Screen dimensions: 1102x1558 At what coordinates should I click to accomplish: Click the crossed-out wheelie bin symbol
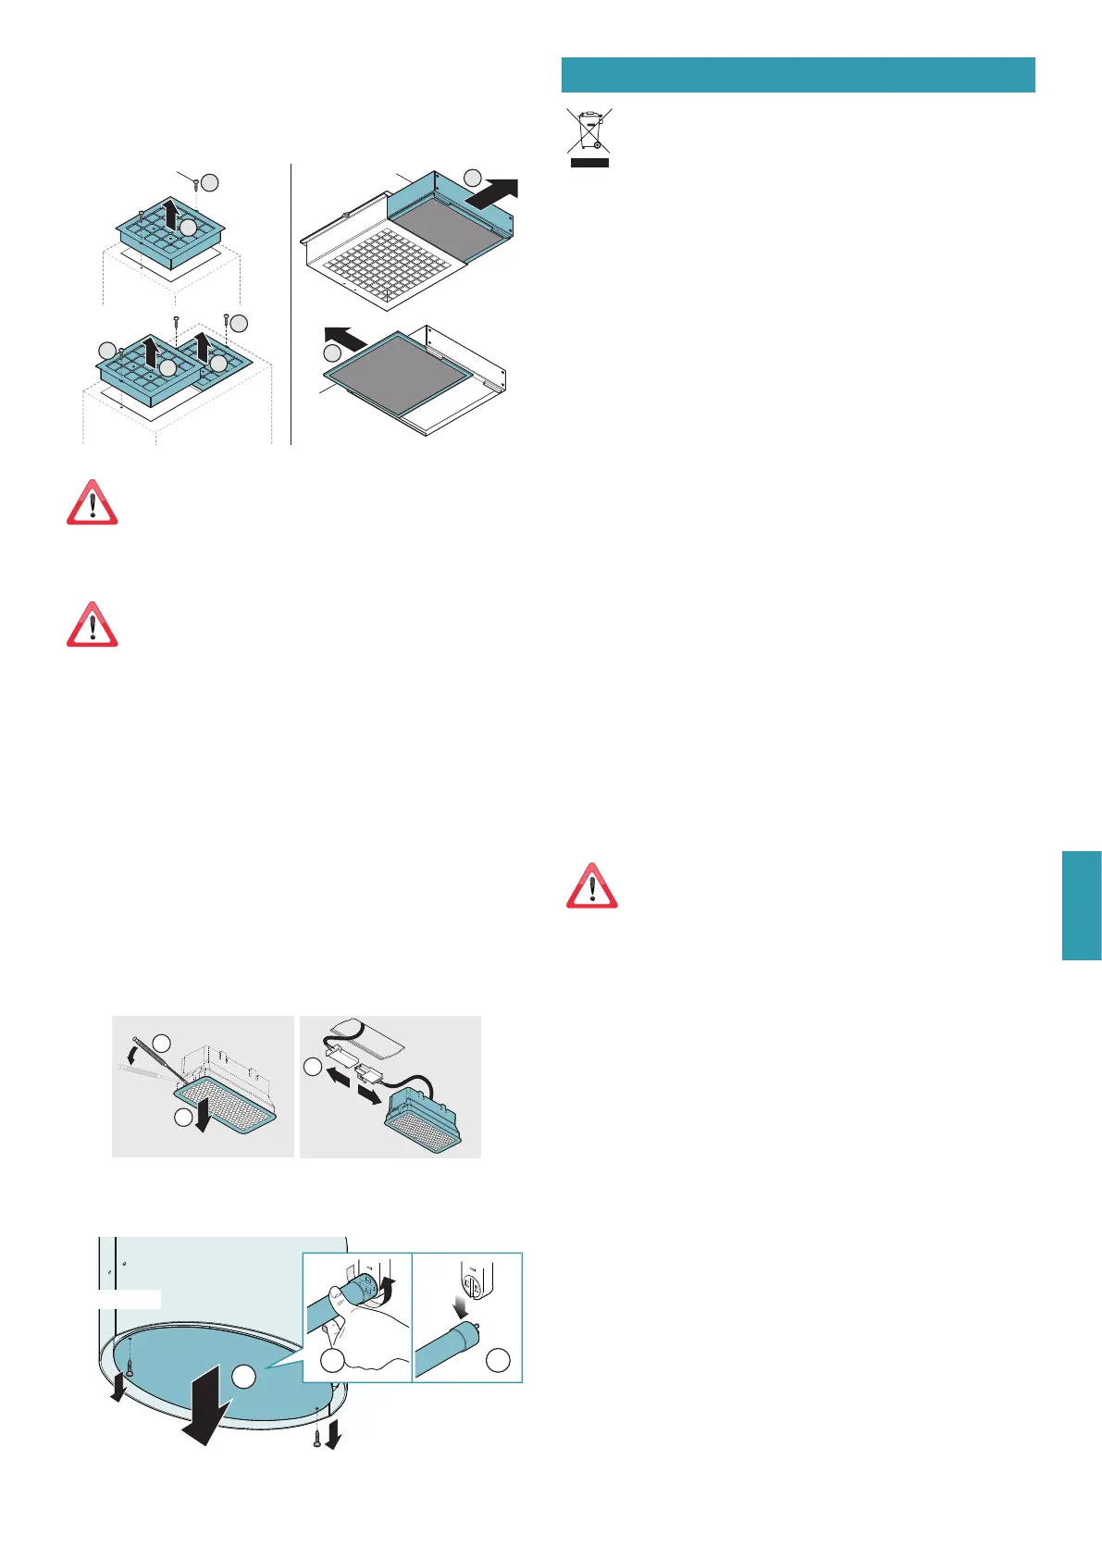click(x=588, y=137)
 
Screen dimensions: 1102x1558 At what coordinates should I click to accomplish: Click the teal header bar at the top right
click(x=798, y=75)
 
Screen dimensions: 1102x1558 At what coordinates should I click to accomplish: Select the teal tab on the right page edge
click(x=1082, y=906)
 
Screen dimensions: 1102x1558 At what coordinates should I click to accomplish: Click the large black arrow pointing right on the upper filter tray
click(x=492, y=193)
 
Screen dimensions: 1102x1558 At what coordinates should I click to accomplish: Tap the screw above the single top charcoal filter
click(x=197, y=184)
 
